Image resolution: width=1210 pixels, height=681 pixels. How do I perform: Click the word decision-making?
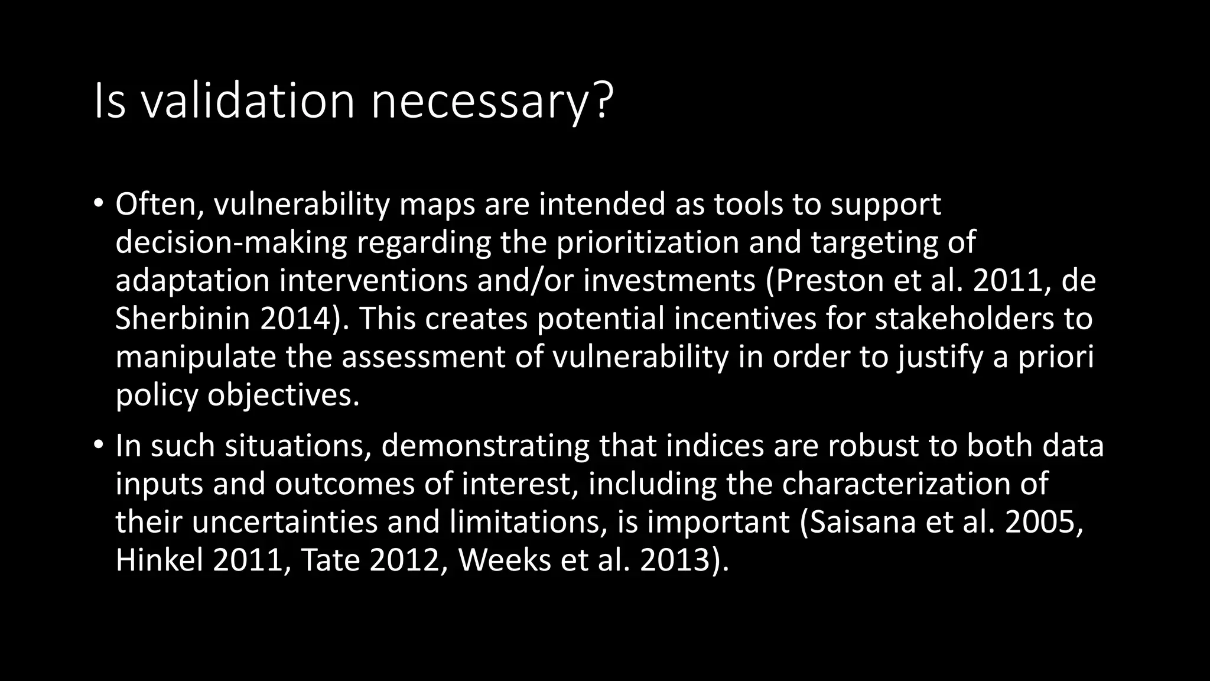click(x=231, y=243)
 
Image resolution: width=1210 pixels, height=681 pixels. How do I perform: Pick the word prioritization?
click(x=648, y=243)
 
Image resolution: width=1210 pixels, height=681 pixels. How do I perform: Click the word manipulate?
click(x=195, y=358)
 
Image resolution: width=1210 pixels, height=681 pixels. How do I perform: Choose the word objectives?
click(x=283, y=395)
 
